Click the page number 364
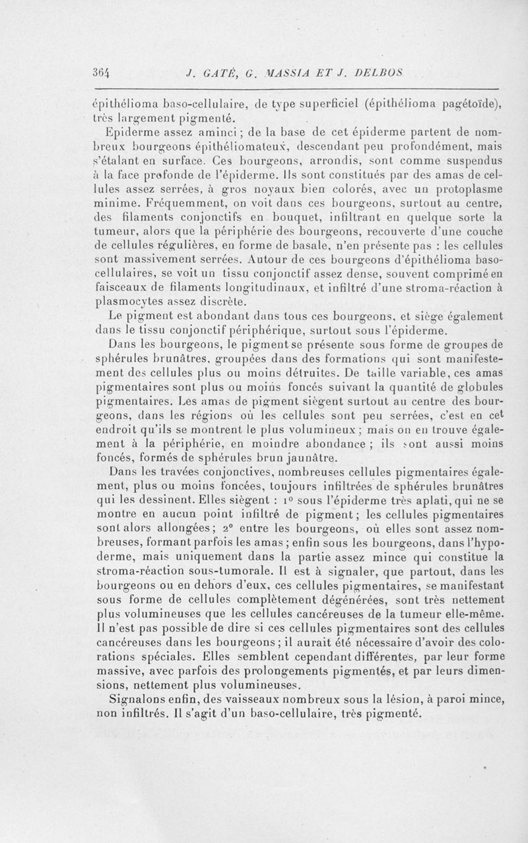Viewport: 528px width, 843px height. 100,73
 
